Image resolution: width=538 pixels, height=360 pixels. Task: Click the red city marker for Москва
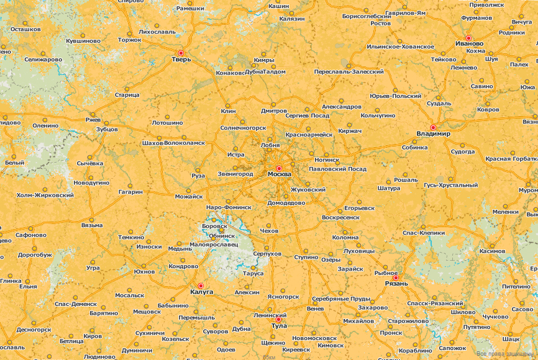point(279,168)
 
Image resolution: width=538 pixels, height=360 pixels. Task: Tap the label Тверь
point(181,60)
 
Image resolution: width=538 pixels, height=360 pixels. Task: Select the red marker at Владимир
point(433,127)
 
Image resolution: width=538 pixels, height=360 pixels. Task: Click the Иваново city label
point(469,43)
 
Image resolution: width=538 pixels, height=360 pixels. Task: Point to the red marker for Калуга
point(201,286)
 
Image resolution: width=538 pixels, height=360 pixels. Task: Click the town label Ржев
point(93,119)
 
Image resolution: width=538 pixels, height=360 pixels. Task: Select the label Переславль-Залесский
point(349,72)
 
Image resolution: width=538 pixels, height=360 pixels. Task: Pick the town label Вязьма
point(92,225)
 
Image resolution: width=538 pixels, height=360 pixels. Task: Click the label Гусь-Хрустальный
point(450,185)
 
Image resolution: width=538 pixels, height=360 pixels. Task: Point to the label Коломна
point(345,237)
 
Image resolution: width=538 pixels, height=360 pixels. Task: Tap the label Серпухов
point(268,254)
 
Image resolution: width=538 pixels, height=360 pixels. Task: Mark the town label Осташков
point(25,29)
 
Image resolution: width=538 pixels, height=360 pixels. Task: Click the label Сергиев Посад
point(307,115)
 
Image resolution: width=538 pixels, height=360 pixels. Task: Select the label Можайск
point(189,196)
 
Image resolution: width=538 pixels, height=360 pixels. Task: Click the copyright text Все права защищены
point(504,354)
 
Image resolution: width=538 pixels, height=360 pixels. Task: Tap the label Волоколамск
point(185,143)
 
